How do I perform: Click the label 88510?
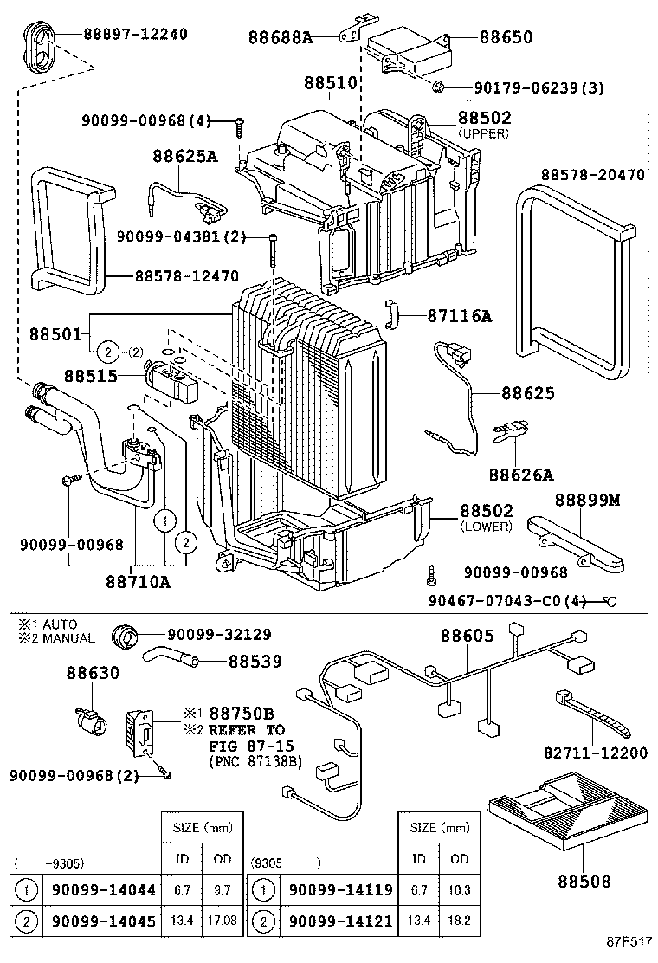pos(330,84)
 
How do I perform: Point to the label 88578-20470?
pos(593,174)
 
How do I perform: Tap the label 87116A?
pos(459,316)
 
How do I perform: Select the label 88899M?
pos(588,501)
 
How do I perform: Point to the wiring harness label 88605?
pos(467,636)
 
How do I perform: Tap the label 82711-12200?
pos(596,753)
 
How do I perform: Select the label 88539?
pos(255,662)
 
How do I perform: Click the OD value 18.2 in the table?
pos(459,921)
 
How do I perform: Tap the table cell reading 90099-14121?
pos(340,921)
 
